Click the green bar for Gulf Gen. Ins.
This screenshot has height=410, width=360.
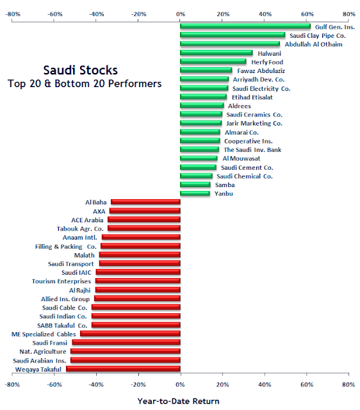(245, 26)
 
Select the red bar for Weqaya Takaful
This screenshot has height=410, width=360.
(123, 369)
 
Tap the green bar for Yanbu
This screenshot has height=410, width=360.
(195, 193)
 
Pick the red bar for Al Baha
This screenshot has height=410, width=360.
(145, 202)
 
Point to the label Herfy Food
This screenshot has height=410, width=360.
(267, 62)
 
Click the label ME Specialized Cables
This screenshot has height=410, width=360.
(44, 334)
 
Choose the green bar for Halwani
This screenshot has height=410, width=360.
(217, 53)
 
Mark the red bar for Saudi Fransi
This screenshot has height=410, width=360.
(126, 343)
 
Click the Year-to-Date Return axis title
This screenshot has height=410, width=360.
(178, 401)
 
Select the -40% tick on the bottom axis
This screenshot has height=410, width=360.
(96, 385)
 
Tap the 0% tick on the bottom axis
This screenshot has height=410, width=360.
(181, 385)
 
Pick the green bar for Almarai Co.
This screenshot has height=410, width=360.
(200, 132)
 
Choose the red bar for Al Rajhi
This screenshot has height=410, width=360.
(138, 290)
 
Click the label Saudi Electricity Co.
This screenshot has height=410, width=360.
(261, 88)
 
